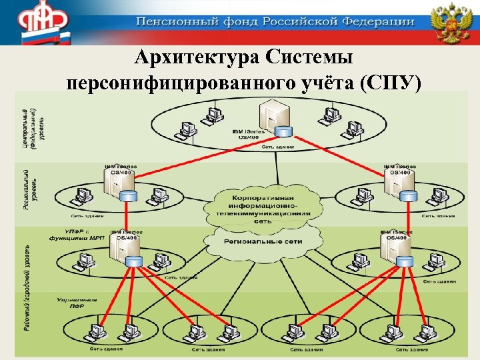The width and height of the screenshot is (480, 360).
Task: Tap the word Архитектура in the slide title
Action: [193, 58]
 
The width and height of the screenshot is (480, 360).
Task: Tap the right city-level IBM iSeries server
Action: [390, 249]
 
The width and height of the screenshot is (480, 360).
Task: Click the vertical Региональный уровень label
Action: [26, 190]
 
